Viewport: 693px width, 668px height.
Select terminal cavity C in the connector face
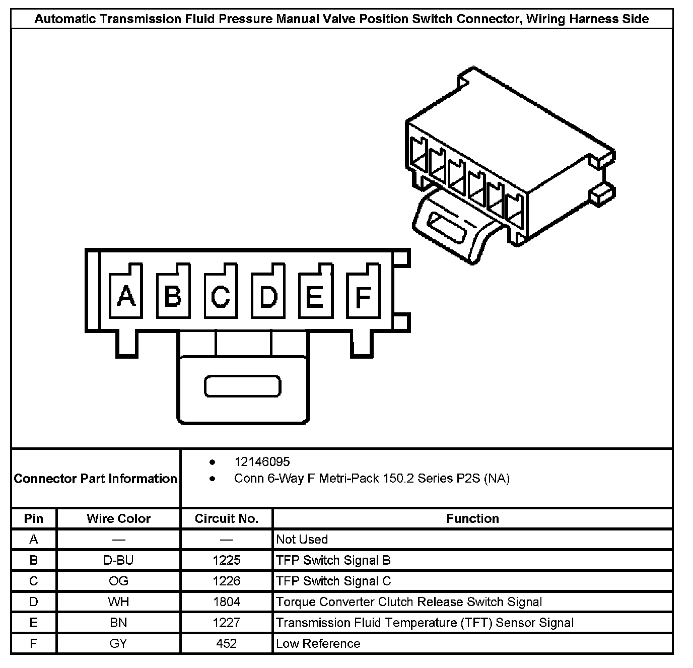[221, 296]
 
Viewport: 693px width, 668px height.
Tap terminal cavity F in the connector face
[363, 296]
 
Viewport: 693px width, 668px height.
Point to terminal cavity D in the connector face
[268, 296]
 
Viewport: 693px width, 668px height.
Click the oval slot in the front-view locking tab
[242, 386]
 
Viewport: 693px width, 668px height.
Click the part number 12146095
[262, 461]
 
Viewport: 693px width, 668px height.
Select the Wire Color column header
[118, 518]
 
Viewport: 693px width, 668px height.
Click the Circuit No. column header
[227, 518]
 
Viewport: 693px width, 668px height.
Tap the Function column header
[472, 518]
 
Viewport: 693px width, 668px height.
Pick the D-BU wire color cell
[118, 560]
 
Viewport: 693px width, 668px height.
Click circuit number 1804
[227, 602]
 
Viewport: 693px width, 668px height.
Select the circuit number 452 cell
[227, 643]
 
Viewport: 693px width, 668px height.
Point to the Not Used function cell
[302, 540]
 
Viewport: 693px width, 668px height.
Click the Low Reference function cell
[318, 643]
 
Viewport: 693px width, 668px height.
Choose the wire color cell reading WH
[118, 602]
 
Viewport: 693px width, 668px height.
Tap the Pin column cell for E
[34, 623]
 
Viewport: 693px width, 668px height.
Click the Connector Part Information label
[96, 478]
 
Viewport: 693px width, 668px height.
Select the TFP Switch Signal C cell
[333, 581]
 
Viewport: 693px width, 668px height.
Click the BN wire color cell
[118, 623]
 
